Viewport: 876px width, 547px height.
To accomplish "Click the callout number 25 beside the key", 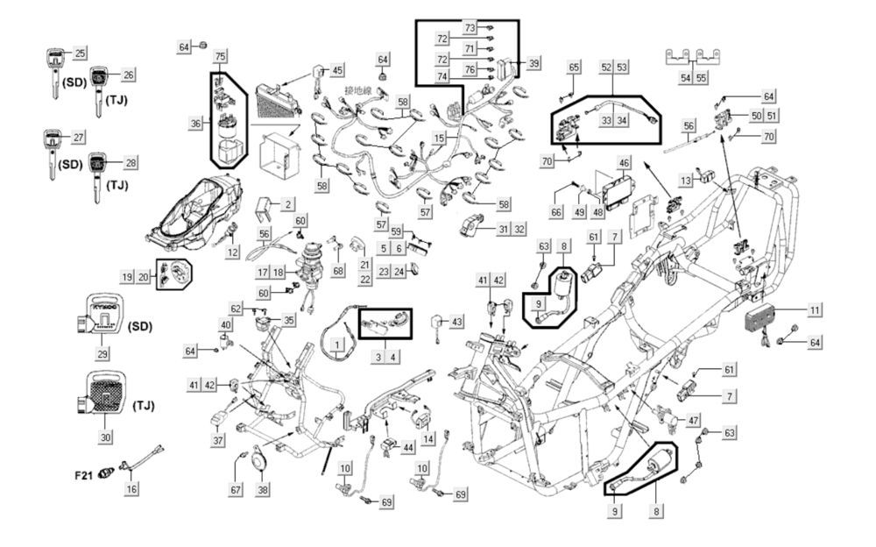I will pos(80,53).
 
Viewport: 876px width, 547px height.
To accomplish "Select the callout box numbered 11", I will pos(815,310).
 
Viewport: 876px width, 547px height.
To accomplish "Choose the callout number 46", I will pos(624,163).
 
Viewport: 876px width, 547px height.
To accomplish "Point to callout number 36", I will pos(196,124).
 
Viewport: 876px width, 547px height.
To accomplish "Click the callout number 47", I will pos(693,422).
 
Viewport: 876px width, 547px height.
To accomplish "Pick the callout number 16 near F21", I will pos(131,488).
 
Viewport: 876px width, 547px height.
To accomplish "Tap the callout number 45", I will pos(337,70).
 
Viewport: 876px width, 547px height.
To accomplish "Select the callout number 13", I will pos(685,180).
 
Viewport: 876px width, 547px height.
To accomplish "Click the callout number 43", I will pos(456,323).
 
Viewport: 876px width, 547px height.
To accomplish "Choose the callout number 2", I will pos(287,204).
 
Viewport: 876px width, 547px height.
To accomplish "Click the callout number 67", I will pos(236,488).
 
